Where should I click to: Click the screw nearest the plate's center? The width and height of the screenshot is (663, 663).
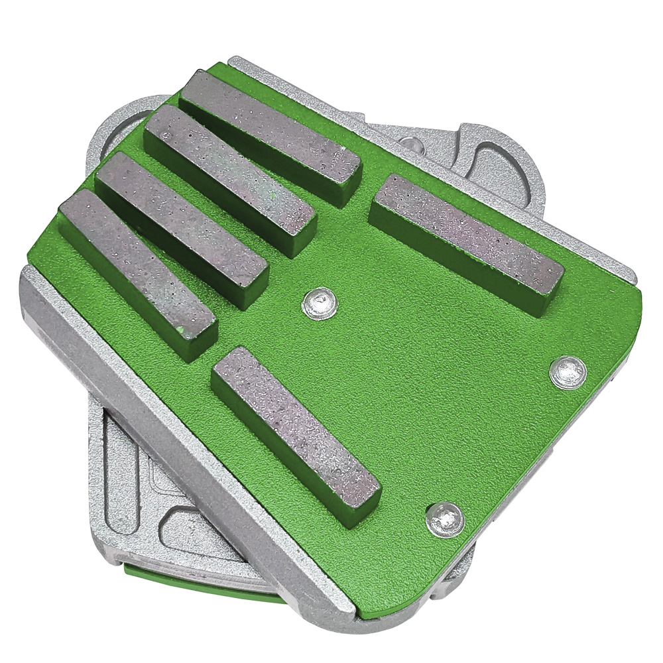pos(319,304)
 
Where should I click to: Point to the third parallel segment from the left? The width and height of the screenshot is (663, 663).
pos(229,176)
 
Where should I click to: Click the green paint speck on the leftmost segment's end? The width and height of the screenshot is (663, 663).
pos(180,330)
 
